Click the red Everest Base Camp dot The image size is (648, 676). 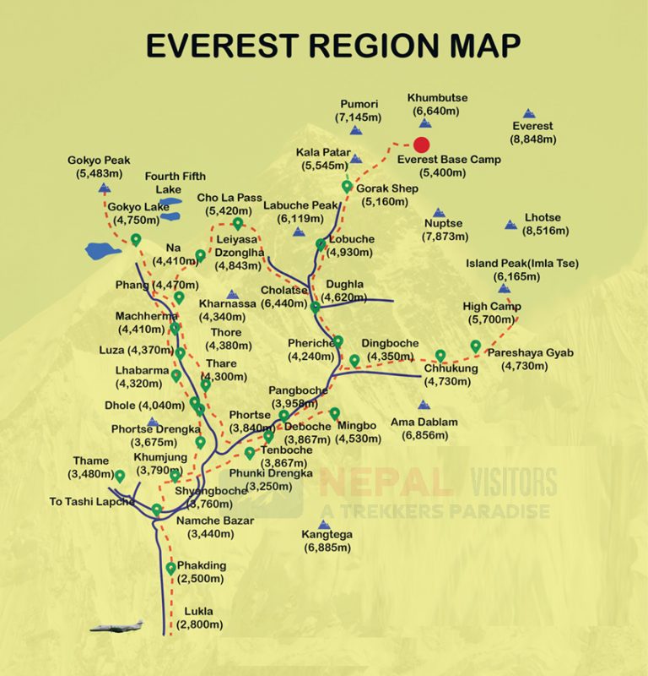pos(422,145)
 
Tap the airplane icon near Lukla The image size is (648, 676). pos(116,627)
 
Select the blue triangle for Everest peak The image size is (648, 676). pos(529,113)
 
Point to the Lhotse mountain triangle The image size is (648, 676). pos(510,225)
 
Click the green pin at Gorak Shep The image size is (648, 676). pos(347,187)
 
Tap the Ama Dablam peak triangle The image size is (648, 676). pos(424,406)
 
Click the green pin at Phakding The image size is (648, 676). pos(171,569)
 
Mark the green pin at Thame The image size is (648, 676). pos(120,477)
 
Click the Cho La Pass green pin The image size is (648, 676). pos(238,224)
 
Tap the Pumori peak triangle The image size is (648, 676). pos(355,131)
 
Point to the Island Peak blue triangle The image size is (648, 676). pos(504,288)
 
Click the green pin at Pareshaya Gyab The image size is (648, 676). pos(476,346)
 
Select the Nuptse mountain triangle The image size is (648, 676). pos(438,213)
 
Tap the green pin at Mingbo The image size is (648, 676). pos(335,413)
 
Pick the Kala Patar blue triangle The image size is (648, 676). pos(356,159)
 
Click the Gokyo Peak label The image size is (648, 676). pos(100,166)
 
